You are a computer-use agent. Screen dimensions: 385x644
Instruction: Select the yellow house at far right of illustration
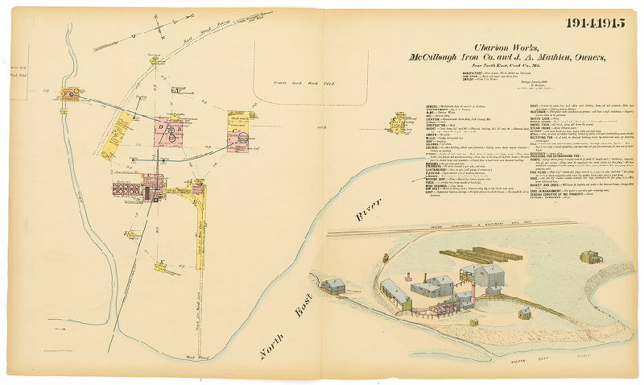590,258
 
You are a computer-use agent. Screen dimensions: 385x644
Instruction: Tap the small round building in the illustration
525,311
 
